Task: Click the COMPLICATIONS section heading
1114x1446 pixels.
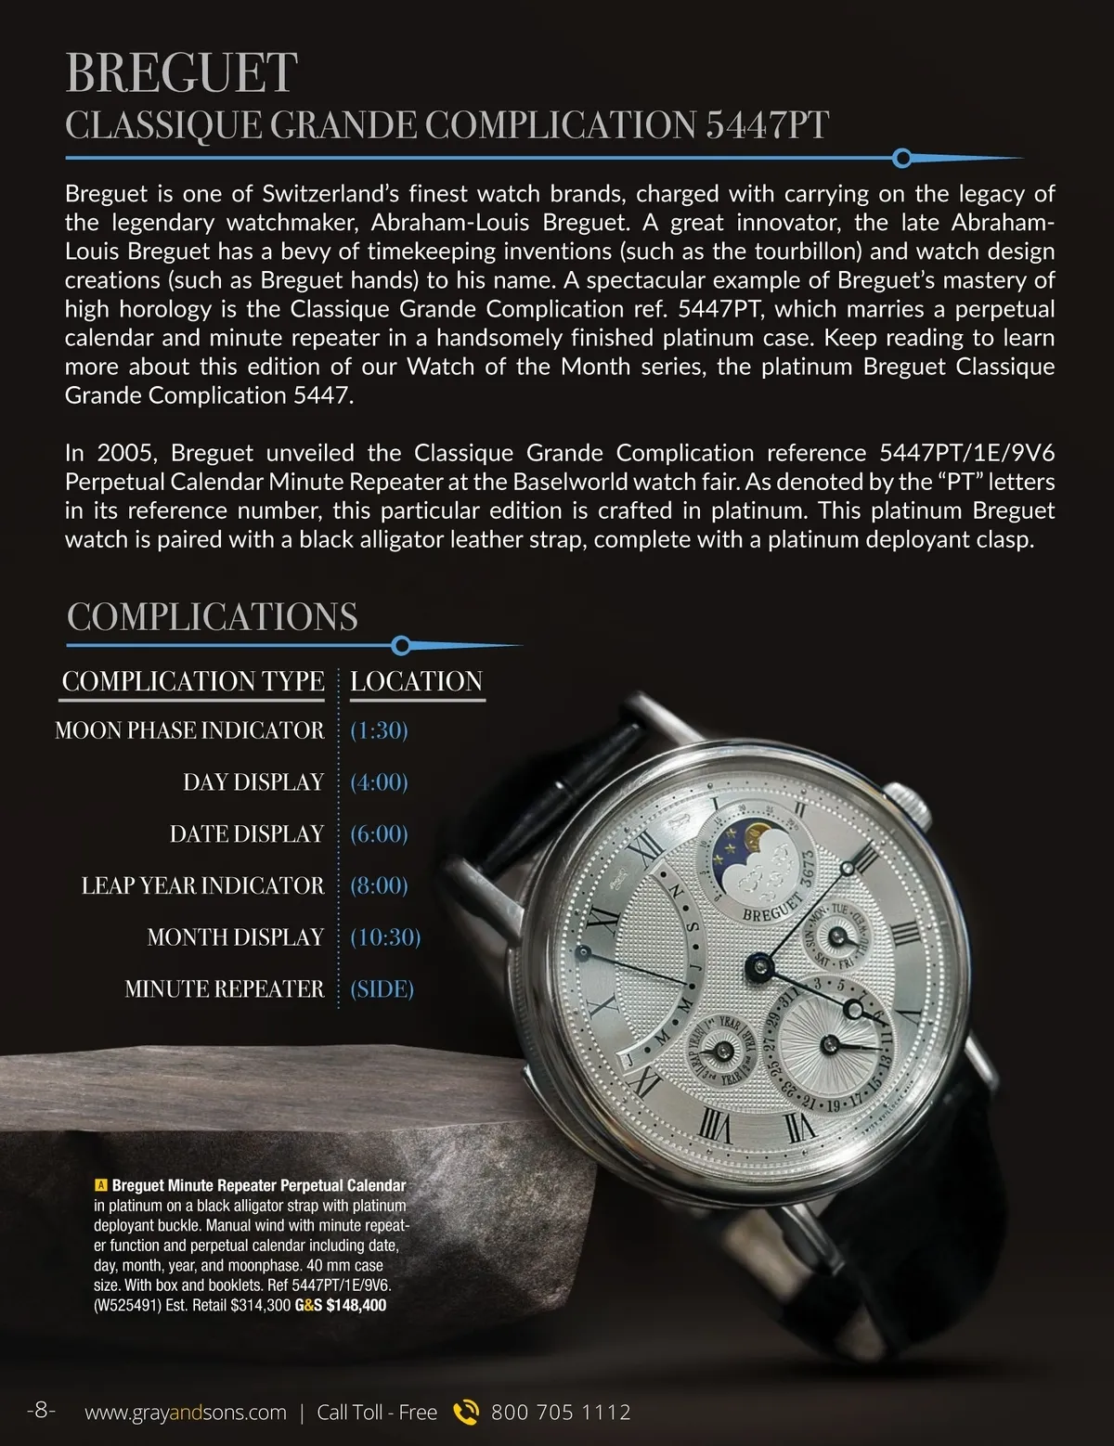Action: tap(213, 617)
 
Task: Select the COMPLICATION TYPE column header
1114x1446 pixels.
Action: tap(193, 681)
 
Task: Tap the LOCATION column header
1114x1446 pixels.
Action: tap(416, 681)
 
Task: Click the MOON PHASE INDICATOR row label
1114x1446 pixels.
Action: tap(189, 730)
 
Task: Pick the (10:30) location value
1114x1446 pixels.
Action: tap(385, 937)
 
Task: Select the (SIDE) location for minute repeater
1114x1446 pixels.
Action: tap(382, 989)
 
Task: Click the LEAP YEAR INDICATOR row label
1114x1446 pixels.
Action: tap(202, 885)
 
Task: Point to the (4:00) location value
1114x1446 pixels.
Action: tap(379, 782)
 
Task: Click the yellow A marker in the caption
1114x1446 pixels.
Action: tap(101, 1185)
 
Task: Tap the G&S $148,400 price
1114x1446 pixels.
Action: tap(341, 1305)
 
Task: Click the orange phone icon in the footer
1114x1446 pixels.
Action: tap(465, 1412)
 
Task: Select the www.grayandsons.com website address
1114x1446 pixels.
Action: tap(186, 1413)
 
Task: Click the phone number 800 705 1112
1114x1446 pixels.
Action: tap(561, 1413)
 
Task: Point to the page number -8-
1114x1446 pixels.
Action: tap(41, 1411)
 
